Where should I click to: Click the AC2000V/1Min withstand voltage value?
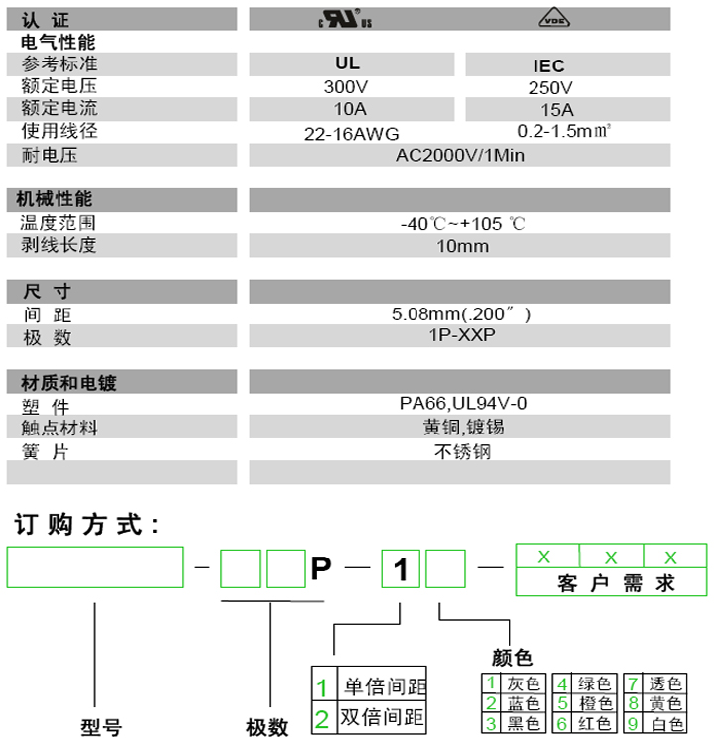click(460, 155)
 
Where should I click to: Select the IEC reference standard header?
click(548, 65)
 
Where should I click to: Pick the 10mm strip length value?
click(462, 246)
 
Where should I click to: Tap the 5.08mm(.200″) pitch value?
click(462, 314)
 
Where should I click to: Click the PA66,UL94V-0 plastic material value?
click(462, 404)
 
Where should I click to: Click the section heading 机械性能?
click(57, 200)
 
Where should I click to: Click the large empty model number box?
click(95, 567)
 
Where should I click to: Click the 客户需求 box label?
click(610, 583)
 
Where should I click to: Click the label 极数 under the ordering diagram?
click(267, 727)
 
